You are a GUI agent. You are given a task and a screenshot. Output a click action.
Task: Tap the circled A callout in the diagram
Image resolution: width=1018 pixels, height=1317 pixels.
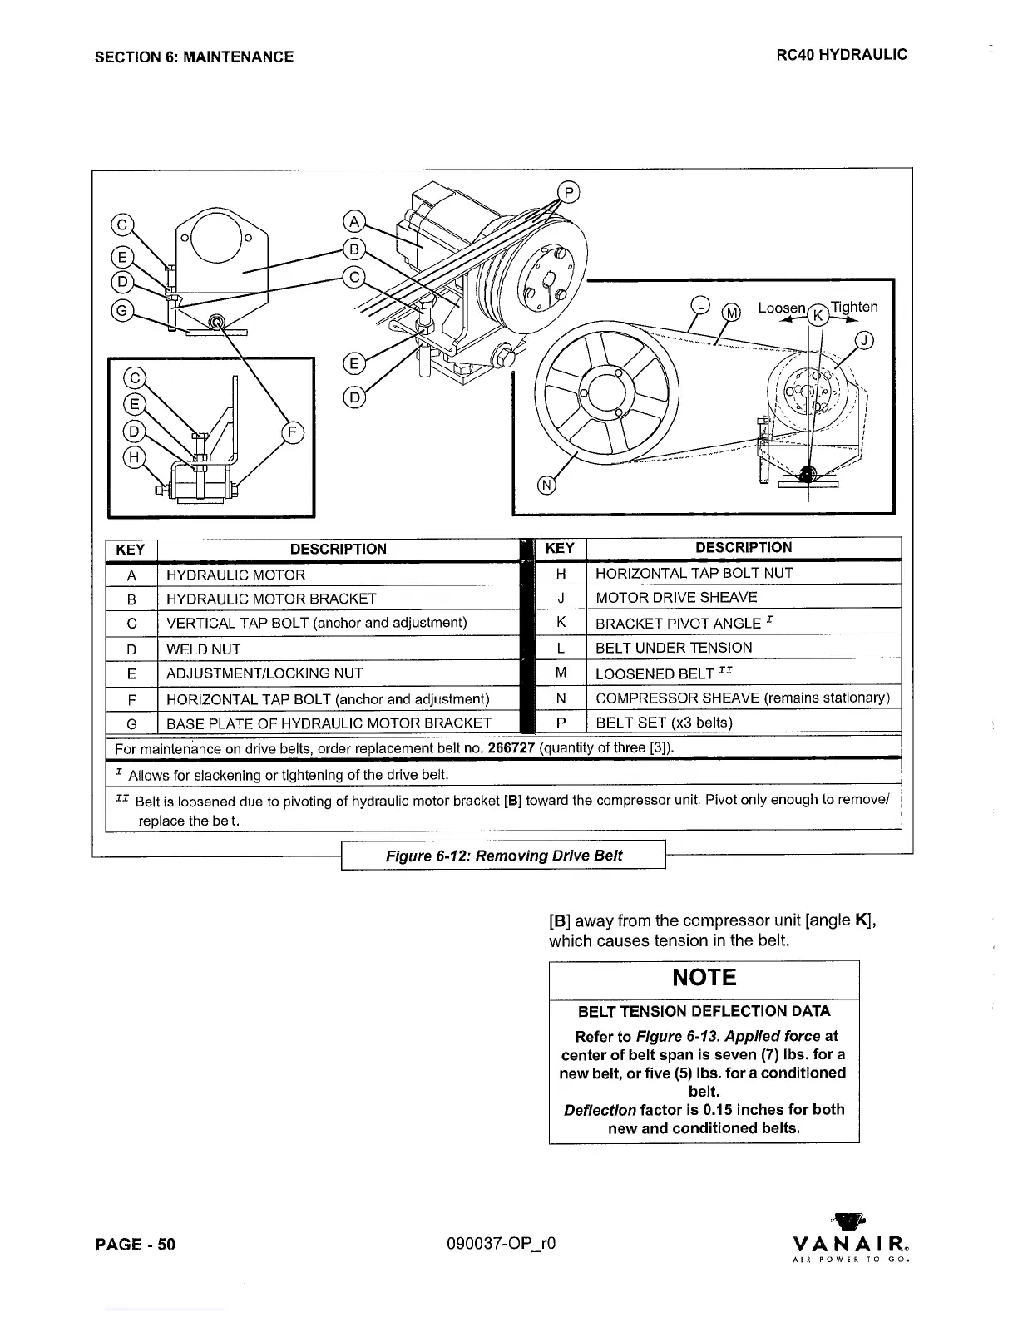click(x=354, y=221)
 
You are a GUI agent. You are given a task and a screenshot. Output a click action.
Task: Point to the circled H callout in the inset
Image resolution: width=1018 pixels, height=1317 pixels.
click(x=133, y=456)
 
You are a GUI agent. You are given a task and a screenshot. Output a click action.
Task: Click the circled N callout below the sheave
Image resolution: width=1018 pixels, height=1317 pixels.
click(x=546, y=486)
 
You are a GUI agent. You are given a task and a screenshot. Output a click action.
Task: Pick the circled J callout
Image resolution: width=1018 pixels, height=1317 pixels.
click(x=865, y=339)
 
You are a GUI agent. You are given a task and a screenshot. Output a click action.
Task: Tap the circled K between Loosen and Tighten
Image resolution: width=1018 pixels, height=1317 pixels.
click(x=818, y=315)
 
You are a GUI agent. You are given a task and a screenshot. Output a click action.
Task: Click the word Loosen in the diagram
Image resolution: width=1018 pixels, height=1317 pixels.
click(x=781, y=308)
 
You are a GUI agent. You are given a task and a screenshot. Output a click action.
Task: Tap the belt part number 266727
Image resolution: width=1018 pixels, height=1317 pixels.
click(x=511, y=747)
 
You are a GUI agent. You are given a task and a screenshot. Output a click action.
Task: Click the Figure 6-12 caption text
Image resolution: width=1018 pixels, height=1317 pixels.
click(x=503, y=856)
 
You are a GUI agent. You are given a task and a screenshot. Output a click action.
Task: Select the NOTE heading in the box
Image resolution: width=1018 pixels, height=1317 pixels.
click(x=704, y=977)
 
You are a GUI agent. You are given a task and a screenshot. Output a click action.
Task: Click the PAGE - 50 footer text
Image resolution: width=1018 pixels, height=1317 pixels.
click(x=136, y=1244)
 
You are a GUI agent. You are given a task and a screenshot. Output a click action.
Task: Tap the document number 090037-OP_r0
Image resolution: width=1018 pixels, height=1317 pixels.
click(x=501, y=1244)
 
